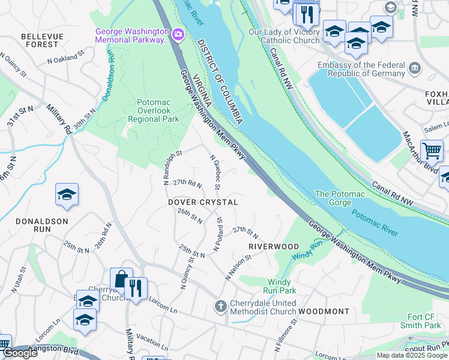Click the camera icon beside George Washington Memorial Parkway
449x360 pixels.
[178, 35]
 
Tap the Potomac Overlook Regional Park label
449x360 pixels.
[158, 111]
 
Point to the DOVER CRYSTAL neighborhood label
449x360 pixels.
[203, 203]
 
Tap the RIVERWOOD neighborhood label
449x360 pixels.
[274, 247]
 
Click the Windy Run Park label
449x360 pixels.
[279, 286]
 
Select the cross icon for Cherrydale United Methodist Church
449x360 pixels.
[220, 307]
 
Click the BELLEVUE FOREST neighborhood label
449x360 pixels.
[42, 40]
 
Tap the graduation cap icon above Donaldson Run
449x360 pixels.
[67, 194]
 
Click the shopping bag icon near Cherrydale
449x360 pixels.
[121, 279]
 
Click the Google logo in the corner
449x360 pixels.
[19, 353]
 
